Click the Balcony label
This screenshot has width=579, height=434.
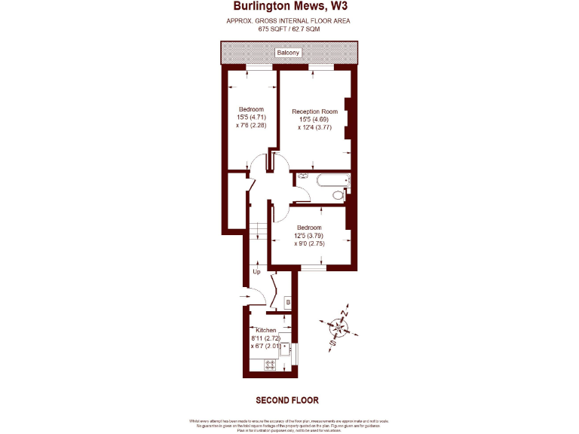point(288,53)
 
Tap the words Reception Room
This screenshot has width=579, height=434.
point(314,112)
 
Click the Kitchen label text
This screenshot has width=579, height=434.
point(266,331)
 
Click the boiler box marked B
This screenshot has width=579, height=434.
point(287,303)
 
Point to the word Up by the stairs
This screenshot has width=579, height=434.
point(256,272)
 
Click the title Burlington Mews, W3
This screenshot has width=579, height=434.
point(289,8)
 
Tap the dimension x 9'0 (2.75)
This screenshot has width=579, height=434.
point(309,244)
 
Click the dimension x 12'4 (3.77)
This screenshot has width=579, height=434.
point(314,127)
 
